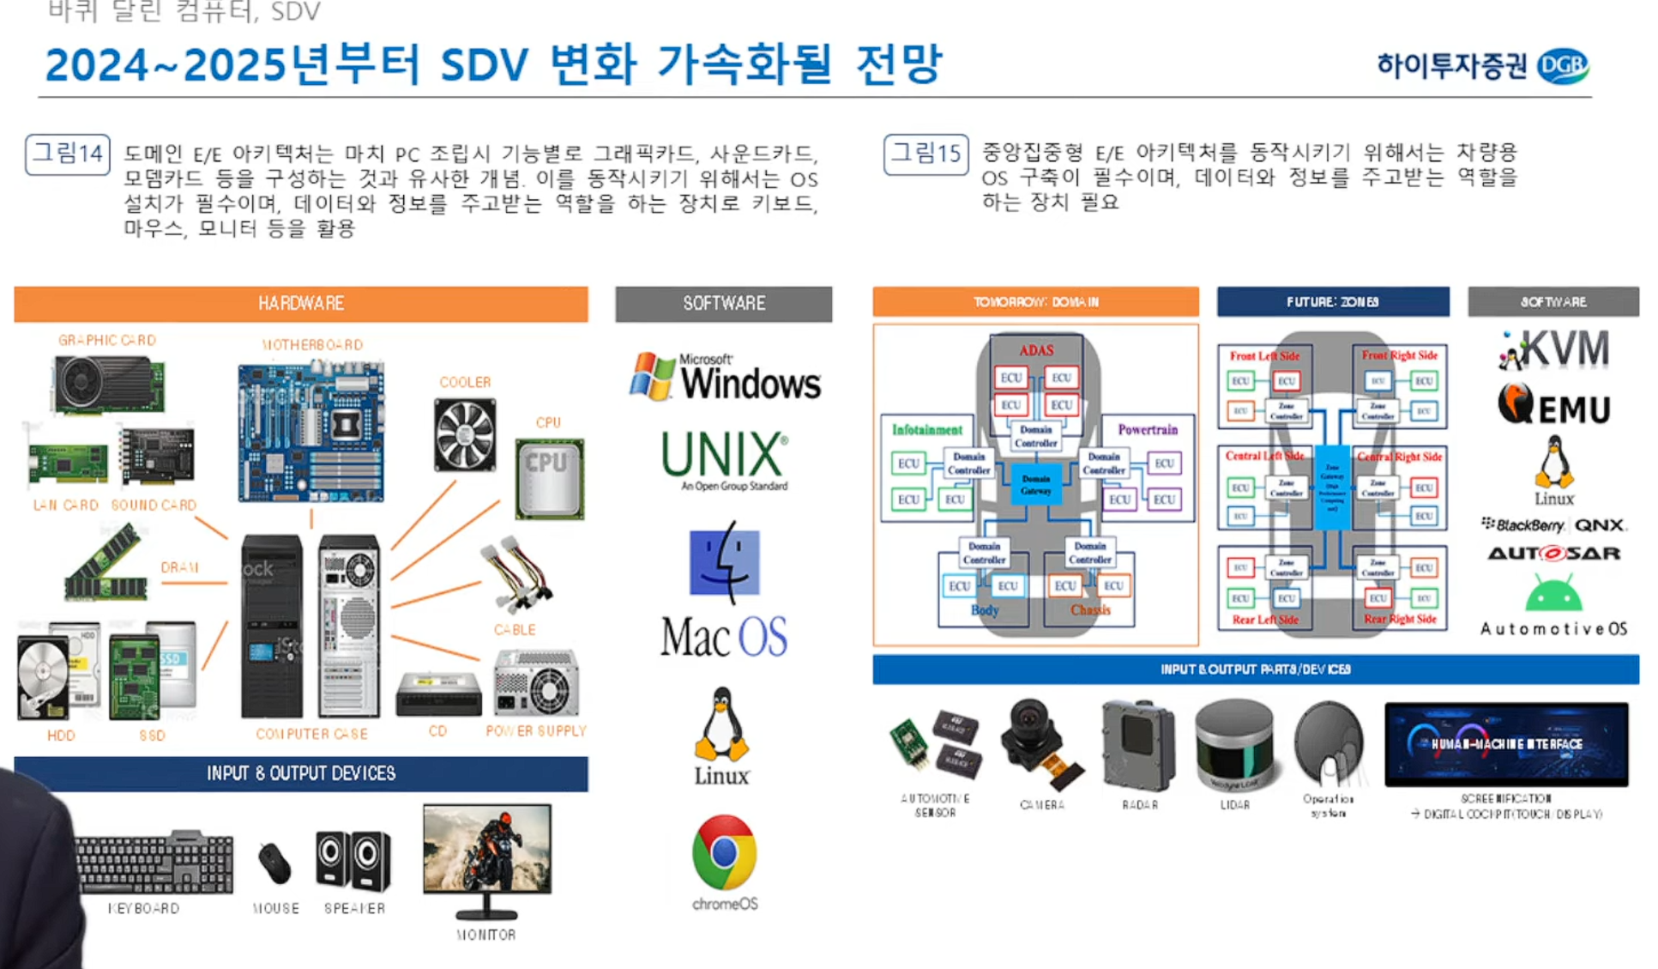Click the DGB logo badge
pos(1562,66)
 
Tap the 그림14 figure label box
pos(68,154)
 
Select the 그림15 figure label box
pos(925,154)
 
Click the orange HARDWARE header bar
pos(301,304)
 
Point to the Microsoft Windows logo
pos(725,378)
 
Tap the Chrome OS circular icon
pos(725,852)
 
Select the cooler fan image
pos(464,434)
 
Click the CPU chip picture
pos(549,478)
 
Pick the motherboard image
pos(311,432)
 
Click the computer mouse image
pos(274,863)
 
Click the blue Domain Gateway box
pos(1035,484)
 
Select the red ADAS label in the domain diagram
pos(1036,350)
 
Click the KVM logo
pos(1553,350)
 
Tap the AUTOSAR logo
pos(1553,554)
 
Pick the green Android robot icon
pos(1553,594)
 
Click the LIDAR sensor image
pos(1234,744)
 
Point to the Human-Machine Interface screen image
pos(1505,744)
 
